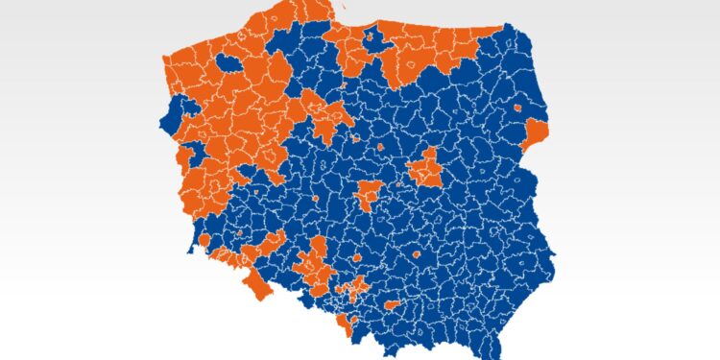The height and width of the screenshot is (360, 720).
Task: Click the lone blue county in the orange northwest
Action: point(231,62)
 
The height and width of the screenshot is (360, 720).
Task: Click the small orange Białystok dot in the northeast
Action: point(518,108)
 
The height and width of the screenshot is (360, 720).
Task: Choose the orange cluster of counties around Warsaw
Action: point(423,170)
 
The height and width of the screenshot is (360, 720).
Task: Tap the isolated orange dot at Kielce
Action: point(417,255)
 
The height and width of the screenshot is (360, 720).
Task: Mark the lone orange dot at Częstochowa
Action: point(357,258)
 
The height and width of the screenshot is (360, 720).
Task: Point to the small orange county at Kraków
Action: point(392,304)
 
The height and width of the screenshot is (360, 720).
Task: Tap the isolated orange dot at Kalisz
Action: point(315,201)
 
